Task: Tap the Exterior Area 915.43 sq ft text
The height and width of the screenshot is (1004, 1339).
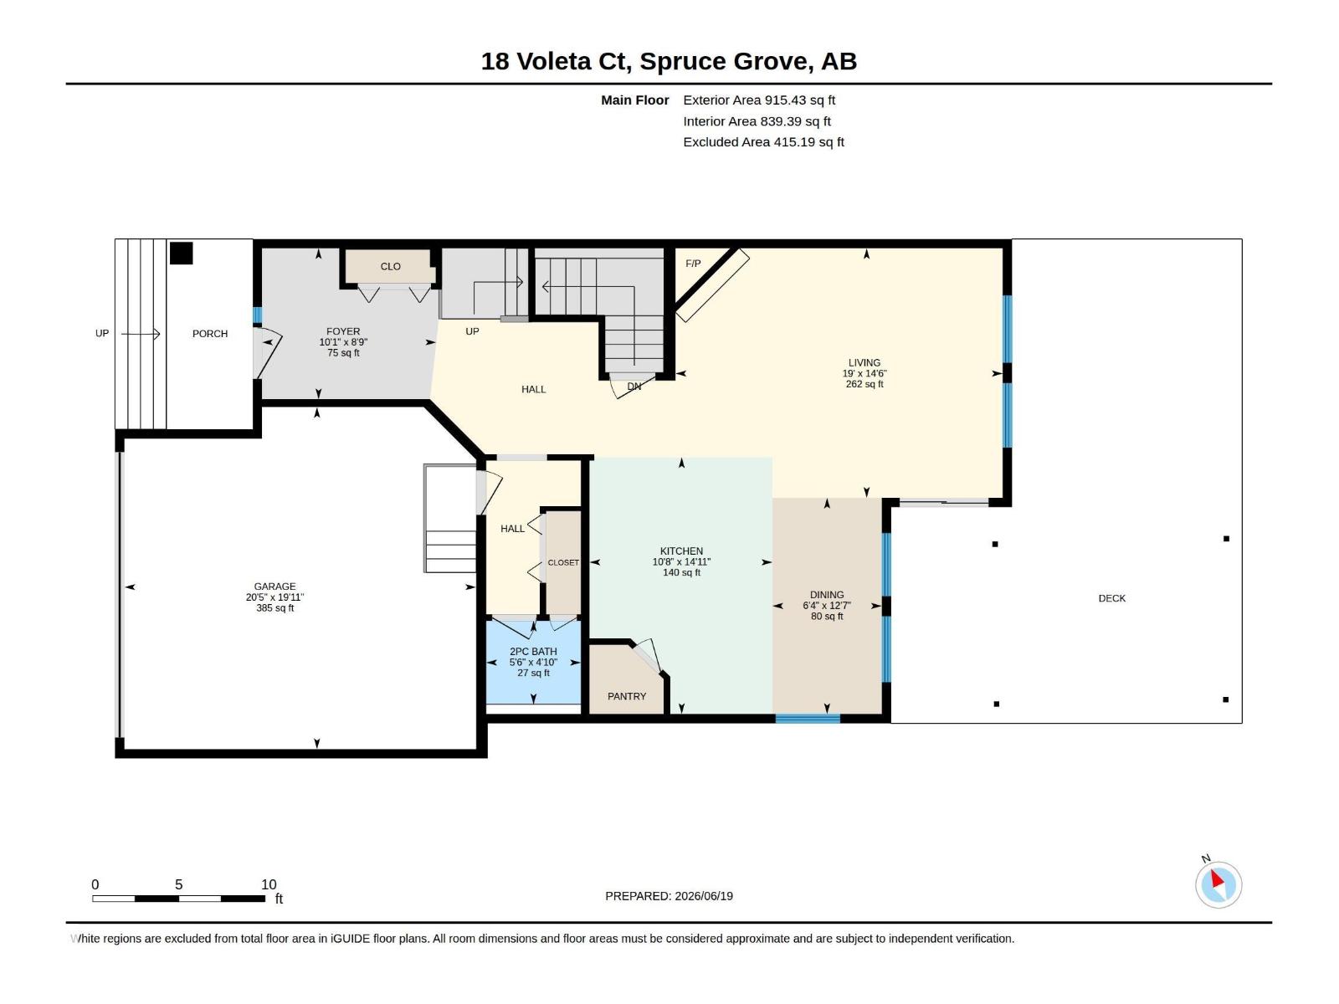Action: [759, 100]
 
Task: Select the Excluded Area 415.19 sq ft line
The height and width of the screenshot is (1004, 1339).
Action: [763, 142]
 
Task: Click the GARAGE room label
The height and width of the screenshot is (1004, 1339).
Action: [275, 587]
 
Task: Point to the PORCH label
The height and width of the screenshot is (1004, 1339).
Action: [210, 334]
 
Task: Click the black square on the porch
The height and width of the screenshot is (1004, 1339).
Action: [181, 253]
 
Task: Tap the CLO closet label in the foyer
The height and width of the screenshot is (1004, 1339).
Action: [391, 266]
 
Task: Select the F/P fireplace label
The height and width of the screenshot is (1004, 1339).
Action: [693, 264]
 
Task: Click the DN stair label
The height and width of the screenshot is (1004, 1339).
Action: [634, 387]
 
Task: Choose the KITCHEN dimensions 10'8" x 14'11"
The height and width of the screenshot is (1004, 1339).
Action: [681, 562]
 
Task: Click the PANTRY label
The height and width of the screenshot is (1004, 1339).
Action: [627, 696]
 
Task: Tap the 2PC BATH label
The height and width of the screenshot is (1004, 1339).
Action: [533, 652]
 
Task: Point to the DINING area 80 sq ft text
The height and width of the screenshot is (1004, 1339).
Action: [827, 617]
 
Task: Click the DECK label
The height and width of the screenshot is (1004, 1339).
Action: [1111, 598]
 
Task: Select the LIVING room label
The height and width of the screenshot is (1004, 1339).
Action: [864, 363]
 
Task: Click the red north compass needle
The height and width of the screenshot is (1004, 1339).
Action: [1217, 879]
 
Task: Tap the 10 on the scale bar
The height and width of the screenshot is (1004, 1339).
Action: [269, 884]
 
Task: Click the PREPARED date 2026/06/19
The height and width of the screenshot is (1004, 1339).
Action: [703, 896]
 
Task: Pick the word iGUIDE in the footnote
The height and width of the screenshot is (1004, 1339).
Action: [350, 939]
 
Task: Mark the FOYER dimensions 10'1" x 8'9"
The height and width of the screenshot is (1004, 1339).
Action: [343, 342]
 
